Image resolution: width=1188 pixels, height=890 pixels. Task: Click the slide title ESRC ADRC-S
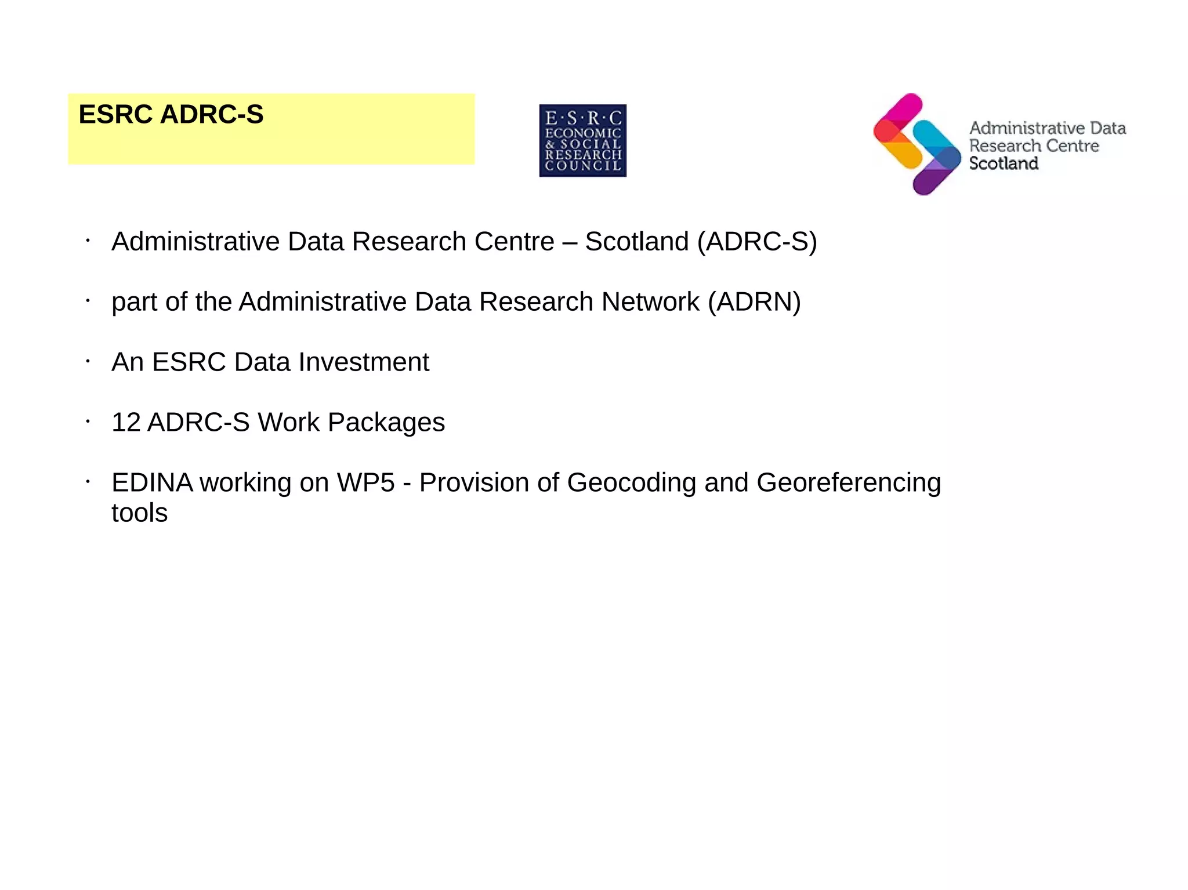point(171,114)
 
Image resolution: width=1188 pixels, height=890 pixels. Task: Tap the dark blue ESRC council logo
point(582,140)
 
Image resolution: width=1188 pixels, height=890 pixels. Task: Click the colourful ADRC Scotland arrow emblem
point(917,144)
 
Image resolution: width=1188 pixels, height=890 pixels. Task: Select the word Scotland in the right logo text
point(1004,164)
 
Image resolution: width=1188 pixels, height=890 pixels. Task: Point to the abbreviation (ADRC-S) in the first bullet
point(756,241)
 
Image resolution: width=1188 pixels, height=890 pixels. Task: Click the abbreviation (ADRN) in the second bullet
point(754,301)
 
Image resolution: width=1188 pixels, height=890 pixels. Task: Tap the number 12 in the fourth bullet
point(126,422)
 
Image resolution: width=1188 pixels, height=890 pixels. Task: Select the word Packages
point(386,422)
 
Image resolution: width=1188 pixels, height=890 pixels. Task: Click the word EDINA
point(152,482)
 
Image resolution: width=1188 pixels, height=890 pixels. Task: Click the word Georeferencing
point(849,482)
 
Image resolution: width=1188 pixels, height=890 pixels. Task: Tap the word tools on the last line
point(139,513)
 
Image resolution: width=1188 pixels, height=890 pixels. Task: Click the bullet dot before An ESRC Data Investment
point(88,362)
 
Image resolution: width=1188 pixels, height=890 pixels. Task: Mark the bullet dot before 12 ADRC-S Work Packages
point(88,422)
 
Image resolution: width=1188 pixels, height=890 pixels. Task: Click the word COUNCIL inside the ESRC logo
point(582,166)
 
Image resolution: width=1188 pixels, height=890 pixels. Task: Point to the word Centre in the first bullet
point(514,241)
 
